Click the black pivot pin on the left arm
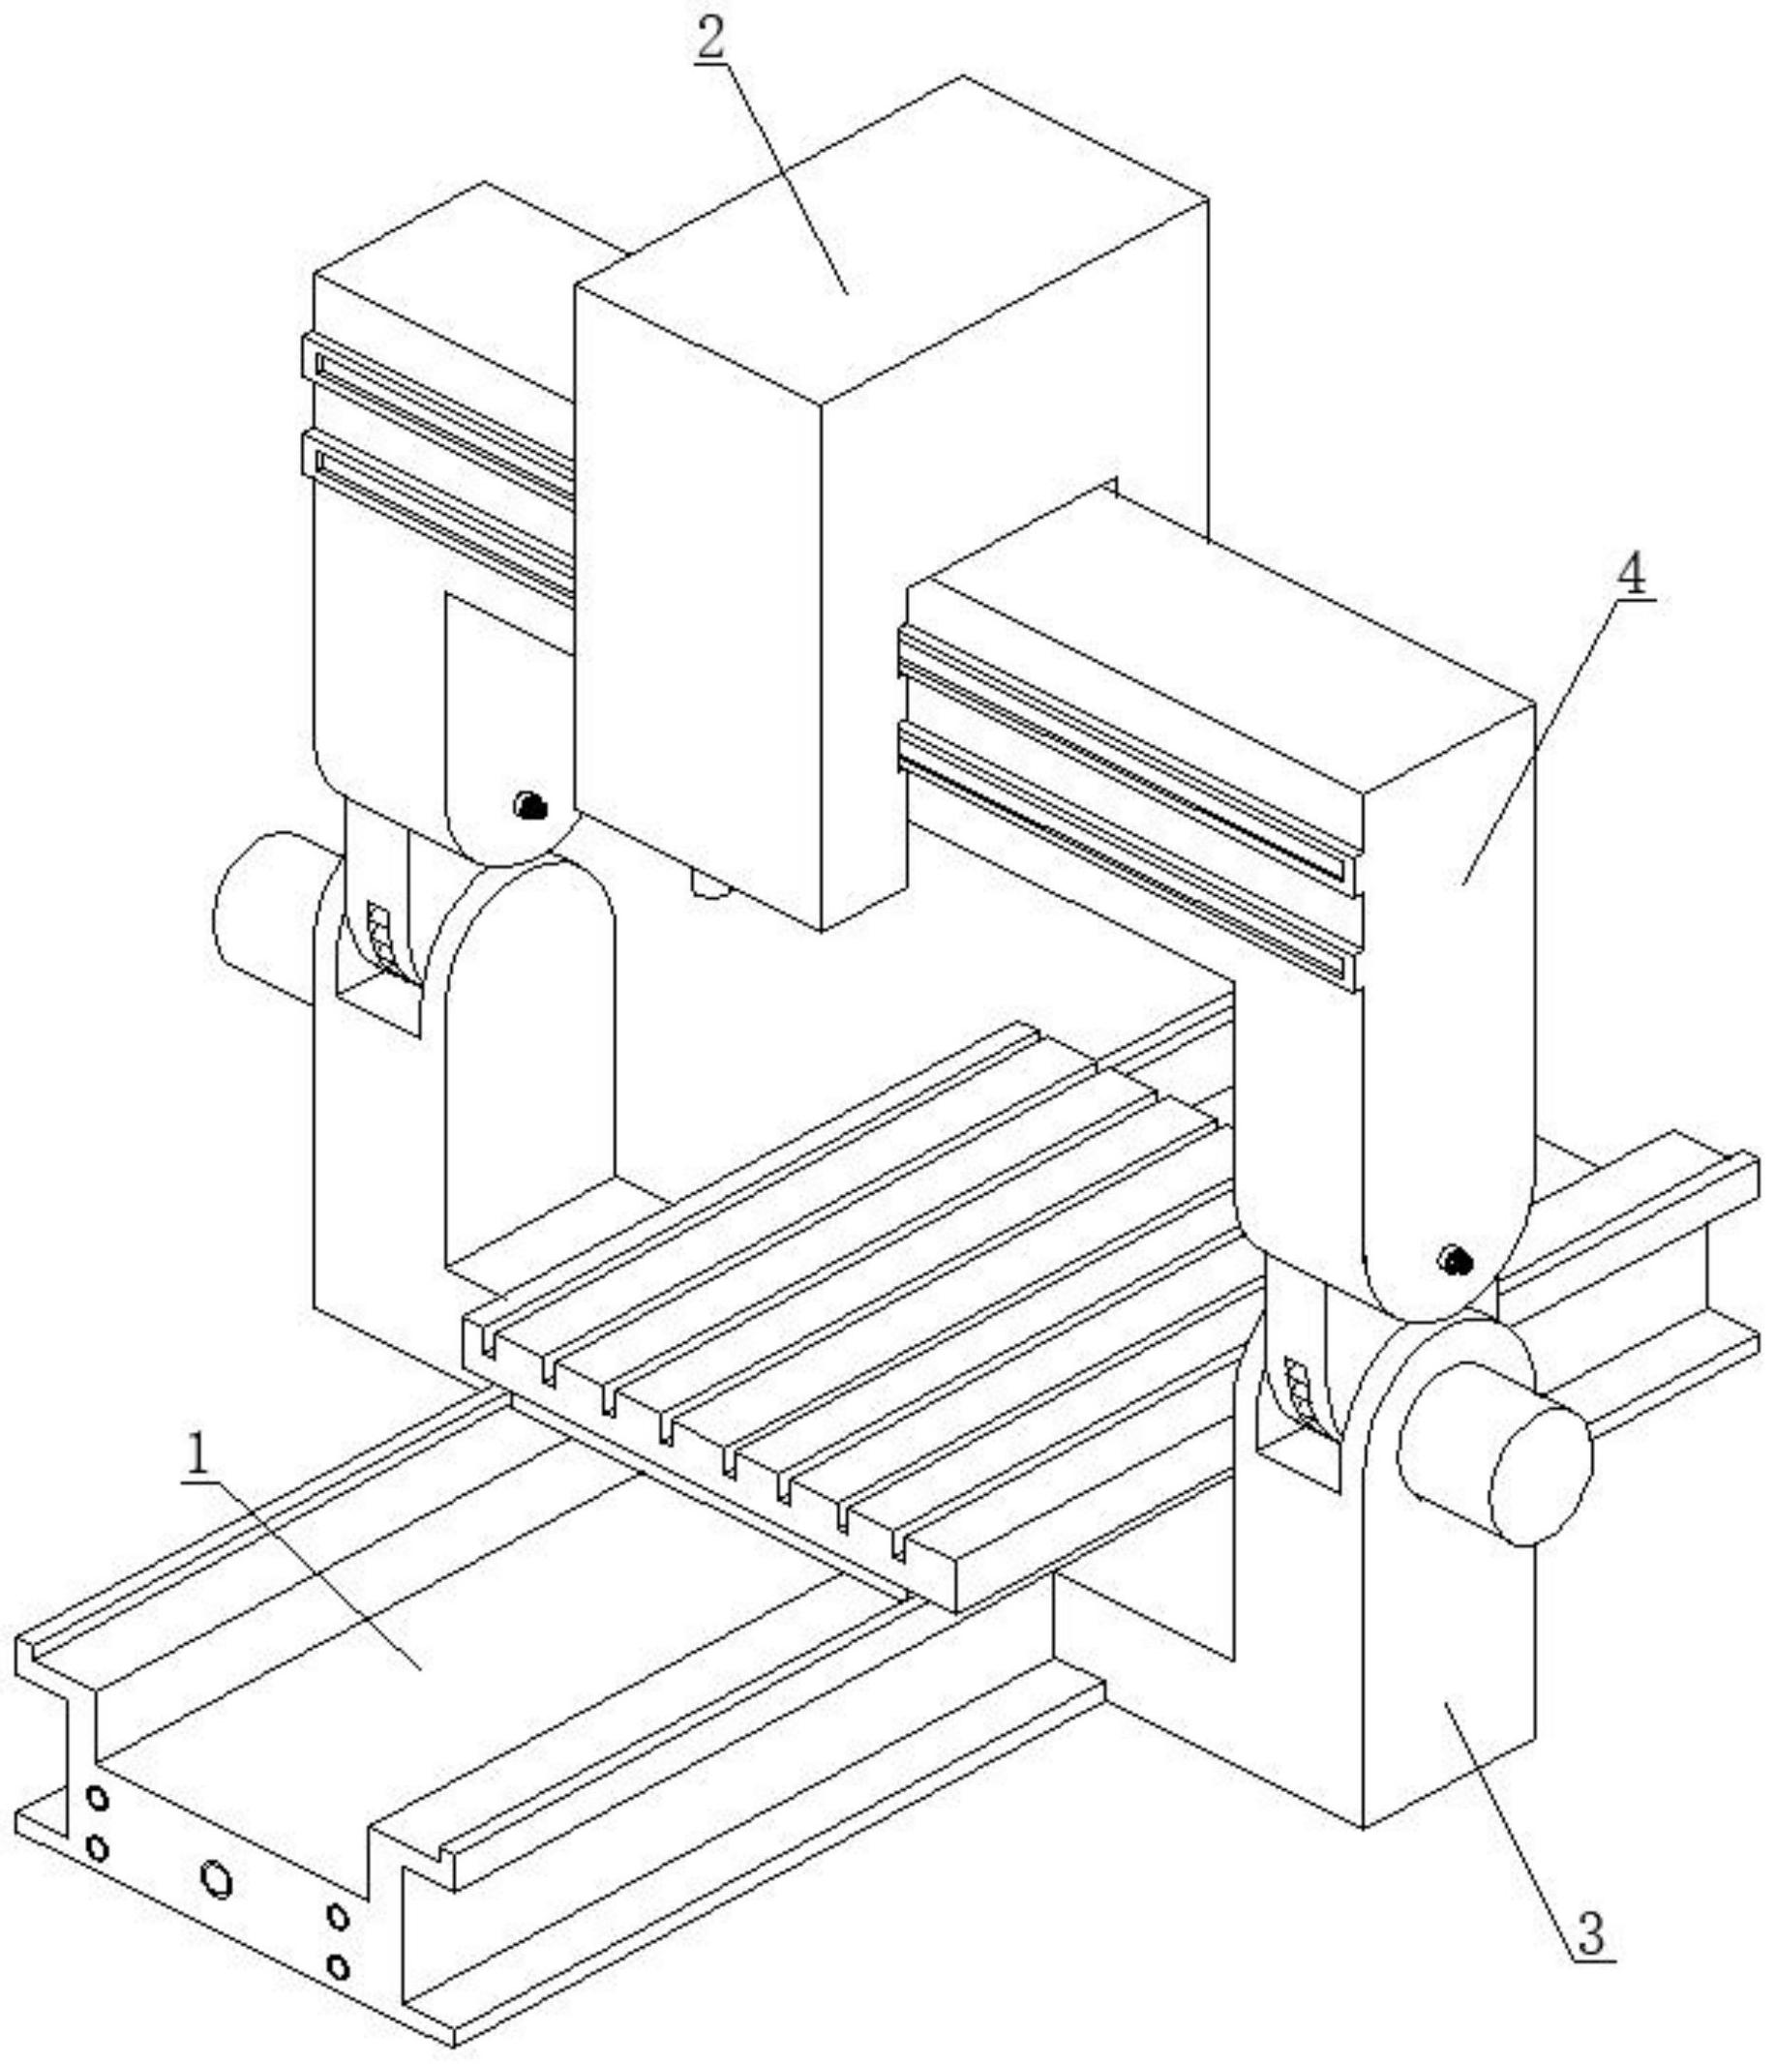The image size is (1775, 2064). [x=527, y=805]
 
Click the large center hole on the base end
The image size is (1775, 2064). [x=216, y=1879]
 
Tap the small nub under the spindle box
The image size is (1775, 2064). [x=709, y=885]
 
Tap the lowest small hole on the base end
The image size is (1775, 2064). [x=338, y=1966]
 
